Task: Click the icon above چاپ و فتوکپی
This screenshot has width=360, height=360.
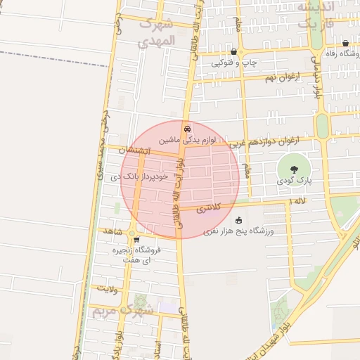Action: [233, 52]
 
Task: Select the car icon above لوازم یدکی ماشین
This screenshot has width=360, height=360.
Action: [186, 129]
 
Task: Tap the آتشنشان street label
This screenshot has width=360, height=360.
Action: [132, 150]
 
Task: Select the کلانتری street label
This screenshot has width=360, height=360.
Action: [208, 208]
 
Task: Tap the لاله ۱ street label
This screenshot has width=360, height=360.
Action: [298, 202]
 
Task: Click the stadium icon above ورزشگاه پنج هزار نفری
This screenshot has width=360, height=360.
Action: [238, 220]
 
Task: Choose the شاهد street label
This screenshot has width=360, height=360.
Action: [113, 231]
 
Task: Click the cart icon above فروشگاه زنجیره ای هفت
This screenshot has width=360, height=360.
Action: [136, 240]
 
